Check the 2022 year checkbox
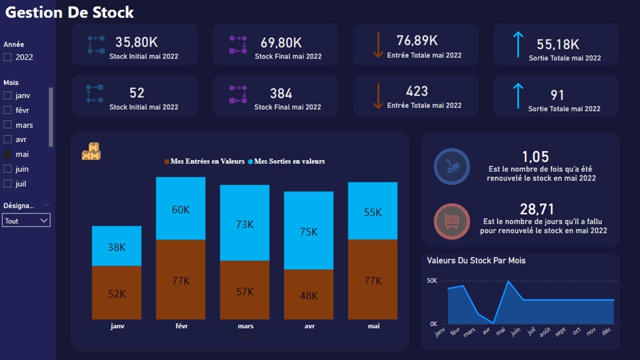7,57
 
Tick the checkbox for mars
7,124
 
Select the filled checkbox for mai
7,154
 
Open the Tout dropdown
26,220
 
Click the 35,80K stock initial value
136,42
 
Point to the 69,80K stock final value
281,42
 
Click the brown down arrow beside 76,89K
378,44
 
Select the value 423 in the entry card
417,91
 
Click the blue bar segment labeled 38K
116,246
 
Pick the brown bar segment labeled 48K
308,294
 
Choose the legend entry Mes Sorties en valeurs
289,161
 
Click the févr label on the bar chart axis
181,326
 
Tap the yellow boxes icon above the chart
91,151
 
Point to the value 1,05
535,156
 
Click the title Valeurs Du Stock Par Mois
476,260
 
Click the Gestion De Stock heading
69,12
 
